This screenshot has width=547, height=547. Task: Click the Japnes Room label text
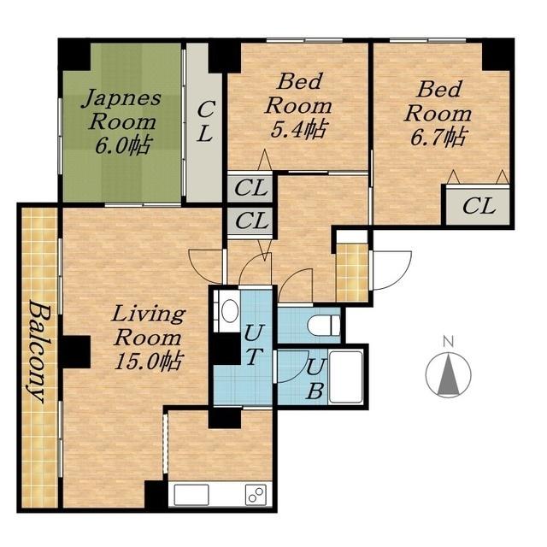coord(121,110)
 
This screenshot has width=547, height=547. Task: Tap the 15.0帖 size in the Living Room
coord(149,361)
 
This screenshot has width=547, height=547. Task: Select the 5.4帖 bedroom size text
coord(298,129)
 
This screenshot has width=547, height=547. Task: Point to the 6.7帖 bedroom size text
coord(438,137)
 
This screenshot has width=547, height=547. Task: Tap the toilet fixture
coord(324,324)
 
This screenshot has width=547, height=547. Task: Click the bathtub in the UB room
coord(346,377)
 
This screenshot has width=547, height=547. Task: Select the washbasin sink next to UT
coord(230,310)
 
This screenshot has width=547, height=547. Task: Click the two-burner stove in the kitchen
coord(256,495)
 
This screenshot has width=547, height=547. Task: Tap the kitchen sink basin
coord(191,495)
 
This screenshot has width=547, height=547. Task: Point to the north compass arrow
coord(448,374)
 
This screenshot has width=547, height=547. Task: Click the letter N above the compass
coord(448,341)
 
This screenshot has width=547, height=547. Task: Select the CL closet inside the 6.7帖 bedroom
coord(478,205)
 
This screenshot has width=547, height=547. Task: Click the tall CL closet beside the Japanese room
coord(204,122)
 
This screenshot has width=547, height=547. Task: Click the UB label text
coord(317,379)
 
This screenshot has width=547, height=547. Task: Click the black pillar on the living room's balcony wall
coord(74,351)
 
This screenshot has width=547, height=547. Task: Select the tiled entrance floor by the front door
coord(352,272)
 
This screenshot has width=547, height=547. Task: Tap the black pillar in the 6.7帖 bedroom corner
coord(497,55)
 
